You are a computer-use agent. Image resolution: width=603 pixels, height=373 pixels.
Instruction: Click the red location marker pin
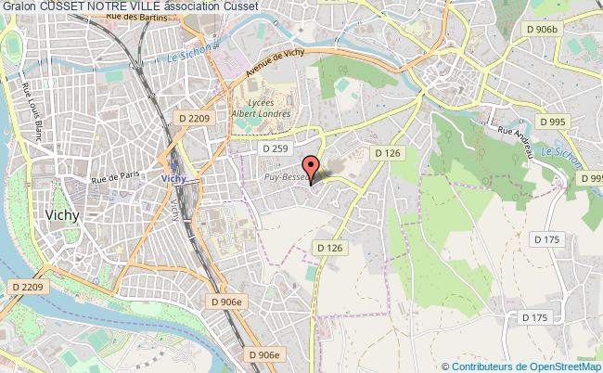[312, 168]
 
